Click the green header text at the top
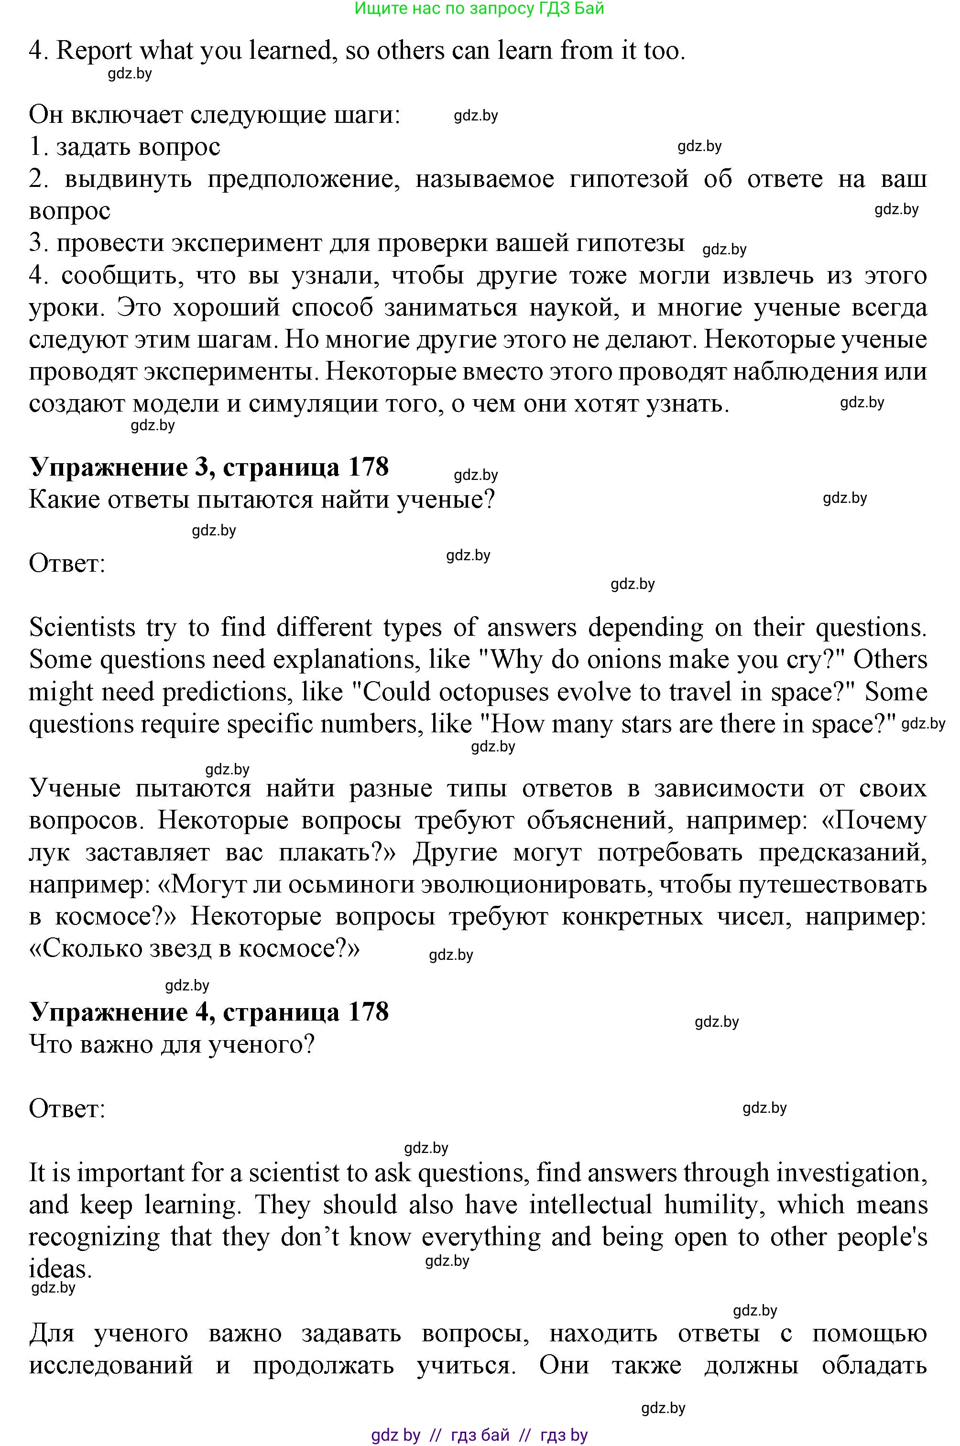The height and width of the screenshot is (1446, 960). tap(480, 9)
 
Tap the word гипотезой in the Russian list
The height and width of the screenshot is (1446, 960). tap(629, 179)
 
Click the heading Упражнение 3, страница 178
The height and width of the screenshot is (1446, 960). tap(209, 467)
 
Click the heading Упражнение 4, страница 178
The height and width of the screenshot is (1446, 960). tap(209, 1011)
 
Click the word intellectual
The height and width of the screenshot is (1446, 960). tap(591, 1204)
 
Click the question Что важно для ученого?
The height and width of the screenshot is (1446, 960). tap(172, 1044)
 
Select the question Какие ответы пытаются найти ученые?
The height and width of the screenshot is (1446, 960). tap(262, 500)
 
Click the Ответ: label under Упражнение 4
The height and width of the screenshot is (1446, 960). tap(67, 1108)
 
